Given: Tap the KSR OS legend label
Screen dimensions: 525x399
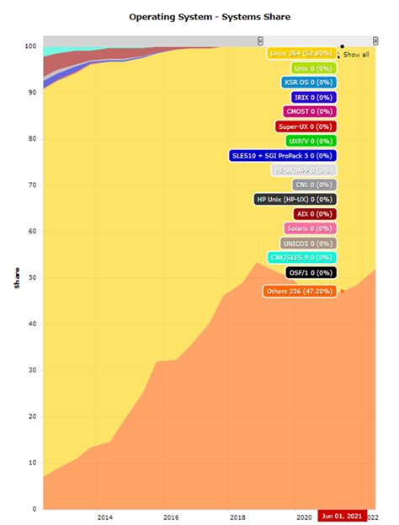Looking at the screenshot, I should pyautogui.click(x=308, y=83).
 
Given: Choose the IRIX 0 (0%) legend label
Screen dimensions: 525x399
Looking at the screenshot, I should pyautogui.click(x=310, y=98).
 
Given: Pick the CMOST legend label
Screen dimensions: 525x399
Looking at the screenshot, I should pyautogui.click(x=309, y=112).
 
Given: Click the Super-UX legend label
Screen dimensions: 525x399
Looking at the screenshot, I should pyautogui.click(x=305, y=126).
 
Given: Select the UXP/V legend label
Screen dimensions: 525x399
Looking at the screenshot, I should pyautogui.click(x=310, y=141).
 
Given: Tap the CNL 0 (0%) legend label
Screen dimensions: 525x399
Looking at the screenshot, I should pyautogui.click(x=311, y=185).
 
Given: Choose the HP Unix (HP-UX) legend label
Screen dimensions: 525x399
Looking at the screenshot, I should pyautogui.click(x=295, y=200).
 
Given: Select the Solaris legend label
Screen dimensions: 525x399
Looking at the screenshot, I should pyautogui.click(x=308, y=228).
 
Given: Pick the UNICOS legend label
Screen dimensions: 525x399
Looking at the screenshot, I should pyautogui.click(x=308, y=244).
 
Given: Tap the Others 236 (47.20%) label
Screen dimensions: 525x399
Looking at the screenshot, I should pyautogui.click(x=299, y=292).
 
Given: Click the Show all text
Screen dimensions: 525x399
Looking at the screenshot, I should pyautogui.click(x=355, y=54).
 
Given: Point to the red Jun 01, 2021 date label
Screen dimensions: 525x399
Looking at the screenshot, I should pyautogui.click(x=342, y=517).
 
